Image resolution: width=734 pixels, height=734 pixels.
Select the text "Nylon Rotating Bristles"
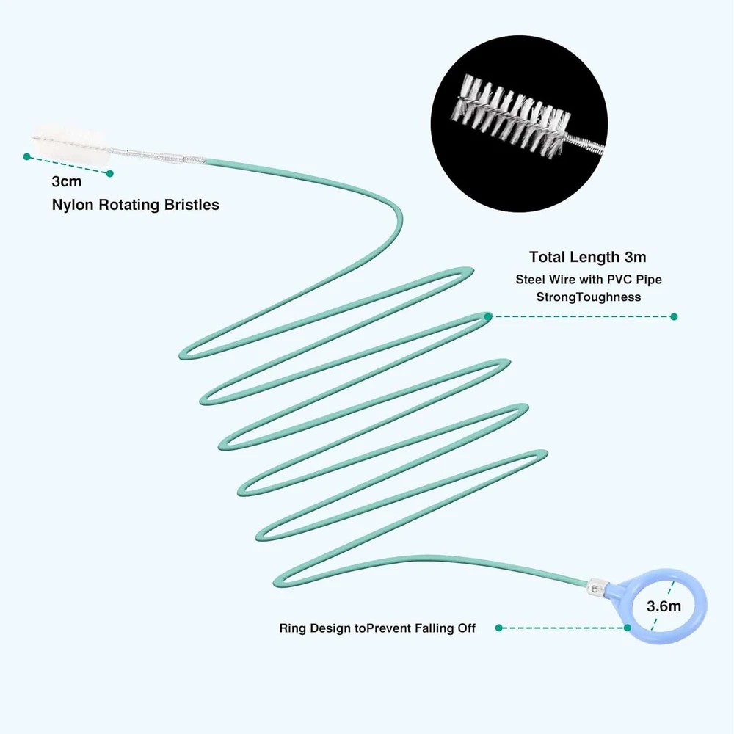[x=135, y=205]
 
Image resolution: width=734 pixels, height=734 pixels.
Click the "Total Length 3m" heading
[x=587, y=257]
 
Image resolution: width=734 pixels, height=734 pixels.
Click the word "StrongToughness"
[x=588, y=297]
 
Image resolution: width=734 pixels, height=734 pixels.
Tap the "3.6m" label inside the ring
[x=664, y=606]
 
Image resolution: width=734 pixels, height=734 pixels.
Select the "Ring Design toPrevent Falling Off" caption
[x=377, y=628]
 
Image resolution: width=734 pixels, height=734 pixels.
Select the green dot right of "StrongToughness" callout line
[x=674, y=317]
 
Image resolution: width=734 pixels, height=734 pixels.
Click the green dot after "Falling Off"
[x=498, y=628]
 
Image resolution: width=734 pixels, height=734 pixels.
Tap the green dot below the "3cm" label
[x=110, y=174]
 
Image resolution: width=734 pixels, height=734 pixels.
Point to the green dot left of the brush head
[x=27, y=156]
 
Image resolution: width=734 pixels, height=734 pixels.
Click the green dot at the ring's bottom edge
[x=628, y=628]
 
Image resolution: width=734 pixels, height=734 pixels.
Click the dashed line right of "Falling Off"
[x=562, y=628]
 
